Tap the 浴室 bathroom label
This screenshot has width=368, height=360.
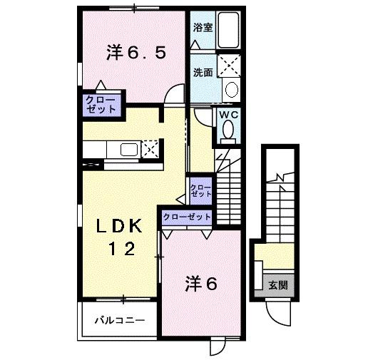pyautogui.click(x=203, y=29)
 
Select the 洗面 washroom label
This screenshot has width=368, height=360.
pyautogui.click(x=203, y=72)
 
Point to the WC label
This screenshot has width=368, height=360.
pyautogui.click(x=228, y=114)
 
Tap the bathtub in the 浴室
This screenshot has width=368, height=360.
pyautogui.click(x=230, y=31)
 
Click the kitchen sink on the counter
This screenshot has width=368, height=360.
pyautogui.click(x=130, y=149)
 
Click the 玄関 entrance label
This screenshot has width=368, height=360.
pyautogui.click(x=278, y=285)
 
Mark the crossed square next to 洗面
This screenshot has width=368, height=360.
pyautogui.click(x=230, y=66)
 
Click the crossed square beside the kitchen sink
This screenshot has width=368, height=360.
pyautogui.click(x=150, y=148)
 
